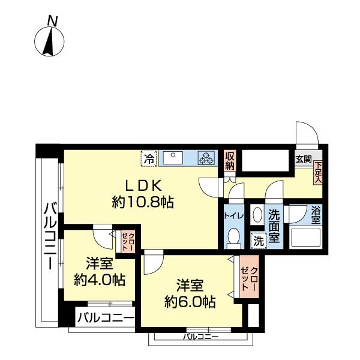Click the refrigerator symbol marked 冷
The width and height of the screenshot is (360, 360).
click(148, 159)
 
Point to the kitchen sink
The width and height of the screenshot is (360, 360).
click(176, 157)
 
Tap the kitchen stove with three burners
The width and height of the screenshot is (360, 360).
click(207, 158)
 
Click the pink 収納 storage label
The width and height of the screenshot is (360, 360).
click(229, 160)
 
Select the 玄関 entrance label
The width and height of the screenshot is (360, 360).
click(304, 160)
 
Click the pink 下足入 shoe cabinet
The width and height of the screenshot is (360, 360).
click(318, 172)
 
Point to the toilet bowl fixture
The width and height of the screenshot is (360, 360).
click(235, 236)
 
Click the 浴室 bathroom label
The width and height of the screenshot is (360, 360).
click(316, 215)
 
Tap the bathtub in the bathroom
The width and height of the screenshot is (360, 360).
click(307, 238)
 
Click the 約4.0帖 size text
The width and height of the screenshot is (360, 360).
click(100, 279)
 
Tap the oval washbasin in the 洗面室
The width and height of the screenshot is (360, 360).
click(257, 215)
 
